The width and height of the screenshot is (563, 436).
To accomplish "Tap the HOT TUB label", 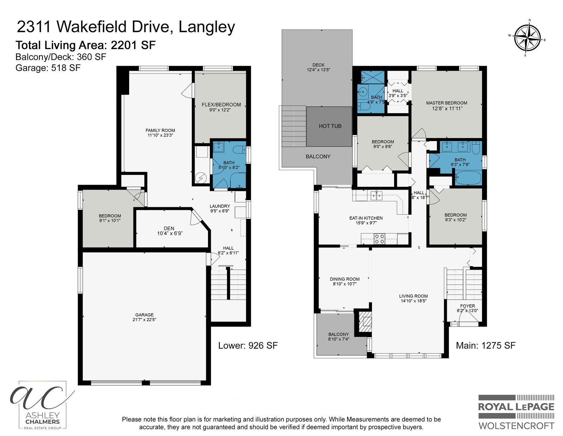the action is [x=330, y=126].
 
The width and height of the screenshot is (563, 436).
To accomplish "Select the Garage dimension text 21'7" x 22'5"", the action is [x=144, y=320].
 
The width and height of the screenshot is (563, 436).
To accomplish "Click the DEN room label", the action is [x=169, y=228].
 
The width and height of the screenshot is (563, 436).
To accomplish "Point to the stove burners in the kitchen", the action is [x=379, y=239].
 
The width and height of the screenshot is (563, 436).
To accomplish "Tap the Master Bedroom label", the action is [x=447, y=103].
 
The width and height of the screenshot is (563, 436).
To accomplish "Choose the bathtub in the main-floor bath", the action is [x=468, y=178].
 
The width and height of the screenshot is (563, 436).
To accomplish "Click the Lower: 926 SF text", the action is [x=248, y=345].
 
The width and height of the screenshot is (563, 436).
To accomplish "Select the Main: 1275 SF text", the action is [x=486, y=345].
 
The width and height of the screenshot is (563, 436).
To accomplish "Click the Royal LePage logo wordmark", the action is [x=516, y=407].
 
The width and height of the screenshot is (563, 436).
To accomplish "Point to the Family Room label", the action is [x=160, y=130].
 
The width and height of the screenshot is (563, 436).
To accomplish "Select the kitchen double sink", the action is [x=377, y=196].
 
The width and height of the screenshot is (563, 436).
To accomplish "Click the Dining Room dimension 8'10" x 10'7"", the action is [x=344, y=284].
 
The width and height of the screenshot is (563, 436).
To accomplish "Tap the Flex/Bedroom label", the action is [x=221, y=105].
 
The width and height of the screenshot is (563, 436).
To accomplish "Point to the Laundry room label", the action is [x=220, y=206].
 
